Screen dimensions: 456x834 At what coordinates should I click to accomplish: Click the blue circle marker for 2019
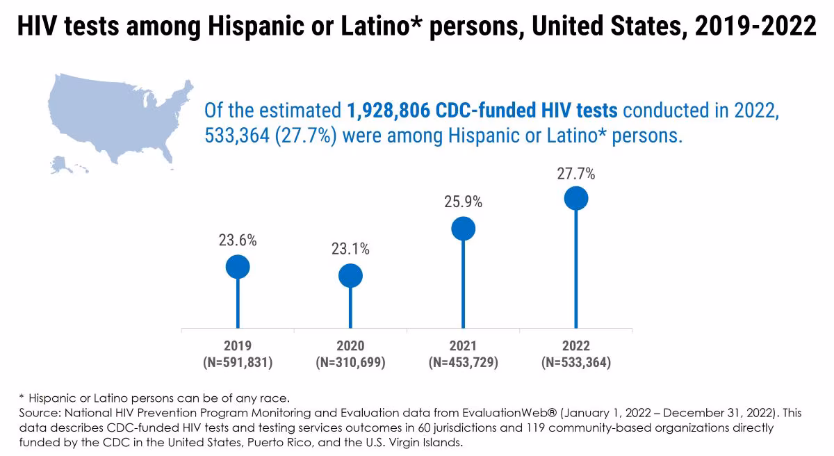(238, 266)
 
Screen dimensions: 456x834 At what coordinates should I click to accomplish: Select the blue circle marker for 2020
(350, 276)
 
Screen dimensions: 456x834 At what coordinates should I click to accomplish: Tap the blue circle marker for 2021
(463, 229)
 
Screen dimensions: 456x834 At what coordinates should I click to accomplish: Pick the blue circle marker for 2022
(575, 198)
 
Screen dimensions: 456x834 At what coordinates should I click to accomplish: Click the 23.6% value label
(238, 241)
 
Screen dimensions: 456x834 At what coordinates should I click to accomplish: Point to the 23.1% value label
(350, 250)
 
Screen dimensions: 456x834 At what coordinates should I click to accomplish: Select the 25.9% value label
(463, 202)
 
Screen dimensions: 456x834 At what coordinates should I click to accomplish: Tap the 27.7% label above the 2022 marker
(575, 173)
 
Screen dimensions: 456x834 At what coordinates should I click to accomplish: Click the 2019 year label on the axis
(238, 346)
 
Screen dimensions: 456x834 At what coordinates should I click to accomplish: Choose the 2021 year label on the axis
(463, 346)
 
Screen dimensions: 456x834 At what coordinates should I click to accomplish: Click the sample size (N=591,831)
(238, 362)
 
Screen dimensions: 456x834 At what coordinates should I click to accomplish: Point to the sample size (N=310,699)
(350, 362)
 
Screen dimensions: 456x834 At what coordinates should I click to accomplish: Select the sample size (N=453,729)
(463, 362)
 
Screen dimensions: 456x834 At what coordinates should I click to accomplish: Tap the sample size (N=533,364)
(575, 362)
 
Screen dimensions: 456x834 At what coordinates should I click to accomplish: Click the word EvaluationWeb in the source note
(456, 413)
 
